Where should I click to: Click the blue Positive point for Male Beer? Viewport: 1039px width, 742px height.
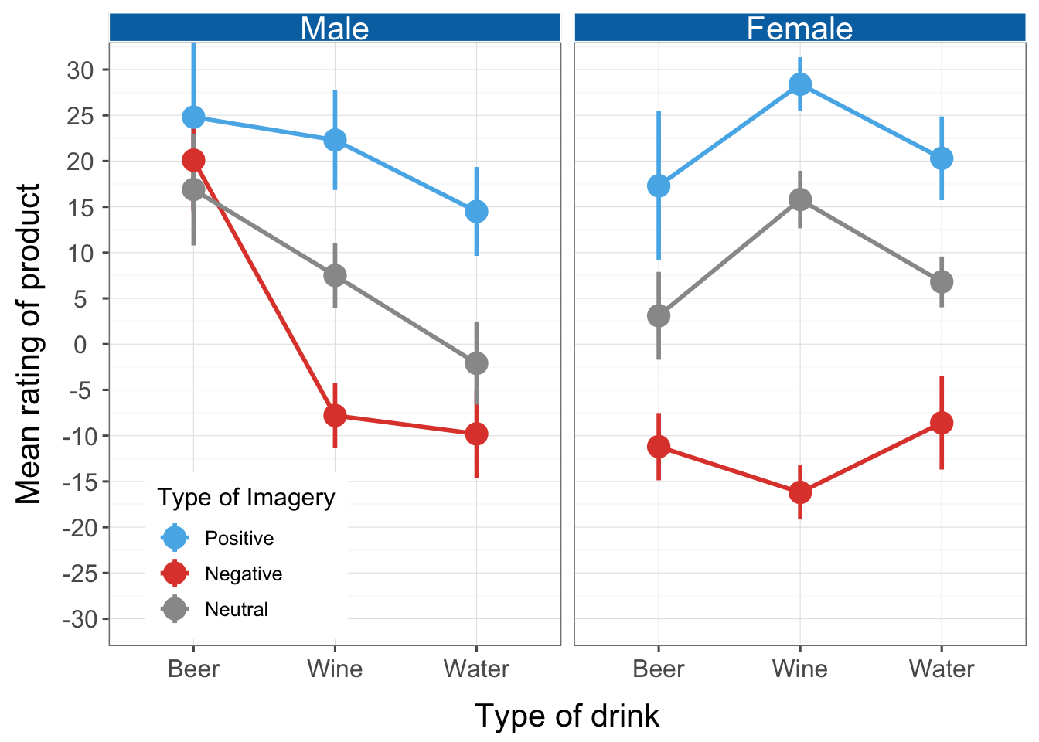tap(193, 117)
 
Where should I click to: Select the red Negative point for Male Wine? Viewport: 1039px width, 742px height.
tap(335, 415)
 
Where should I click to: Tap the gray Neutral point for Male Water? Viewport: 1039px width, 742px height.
tap(476, 363)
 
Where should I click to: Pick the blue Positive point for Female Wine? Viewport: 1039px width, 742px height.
tap(800, 84)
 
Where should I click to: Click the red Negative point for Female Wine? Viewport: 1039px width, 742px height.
tap(800, 492)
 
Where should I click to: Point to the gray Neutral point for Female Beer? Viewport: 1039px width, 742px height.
tap(659, 315)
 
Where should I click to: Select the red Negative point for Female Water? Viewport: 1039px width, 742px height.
tap(942, 423)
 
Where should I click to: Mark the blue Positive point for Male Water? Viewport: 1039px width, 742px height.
tap(476, 211)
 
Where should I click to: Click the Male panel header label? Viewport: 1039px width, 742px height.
tap(335, 29)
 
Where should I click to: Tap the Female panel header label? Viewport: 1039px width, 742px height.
tap(799, 29)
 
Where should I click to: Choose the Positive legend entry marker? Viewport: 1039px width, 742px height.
tap(175, 538)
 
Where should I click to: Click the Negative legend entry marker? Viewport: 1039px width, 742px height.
tap(175, 574)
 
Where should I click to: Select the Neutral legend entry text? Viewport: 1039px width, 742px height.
tap(237, 609)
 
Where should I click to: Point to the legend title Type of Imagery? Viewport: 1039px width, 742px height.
tap(246, 498)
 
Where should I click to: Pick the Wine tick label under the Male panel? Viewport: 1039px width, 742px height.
tap(335, 669)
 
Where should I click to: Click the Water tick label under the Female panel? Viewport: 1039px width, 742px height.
tap(942, 669)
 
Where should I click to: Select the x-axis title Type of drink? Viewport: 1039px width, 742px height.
tap(567, 716)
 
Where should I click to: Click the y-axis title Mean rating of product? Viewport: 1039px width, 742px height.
tap(29, 344)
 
